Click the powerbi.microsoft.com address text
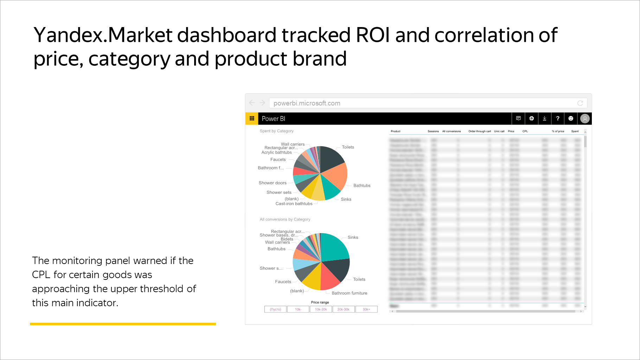click(x=307, y=103)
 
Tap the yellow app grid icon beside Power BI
click(x=252, y=118)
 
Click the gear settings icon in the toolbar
click(x=531, y=118)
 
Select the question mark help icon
click(x=557, y=118)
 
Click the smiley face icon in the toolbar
click(x=571, y=118)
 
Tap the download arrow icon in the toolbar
click(x=544, y=118)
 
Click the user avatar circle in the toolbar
click(x=584, y=118)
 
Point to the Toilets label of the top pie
click(x=348, y=147)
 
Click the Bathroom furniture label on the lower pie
click(x=349, y=293)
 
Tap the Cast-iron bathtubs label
click(x=294, y=204)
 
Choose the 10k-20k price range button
click(x=321, y=309)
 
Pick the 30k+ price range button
click(x=366, y=309)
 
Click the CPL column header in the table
click(x=525, y=131)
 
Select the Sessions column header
click(x=433, y=131)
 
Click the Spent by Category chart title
click(x=276, y=131)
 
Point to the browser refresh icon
click(x=580, y=103)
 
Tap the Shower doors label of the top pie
click(x=272, y=183)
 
